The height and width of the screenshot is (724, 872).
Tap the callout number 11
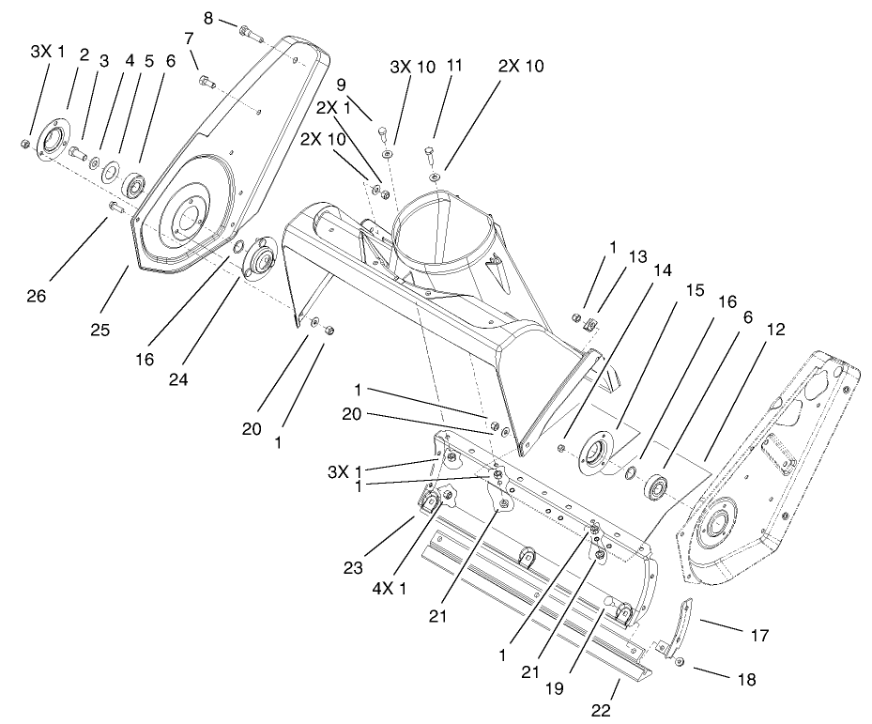coord(455,66)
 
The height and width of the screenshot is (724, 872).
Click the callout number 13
coord(638,256)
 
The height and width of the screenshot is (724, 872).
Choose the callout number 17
coord(760,636)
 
